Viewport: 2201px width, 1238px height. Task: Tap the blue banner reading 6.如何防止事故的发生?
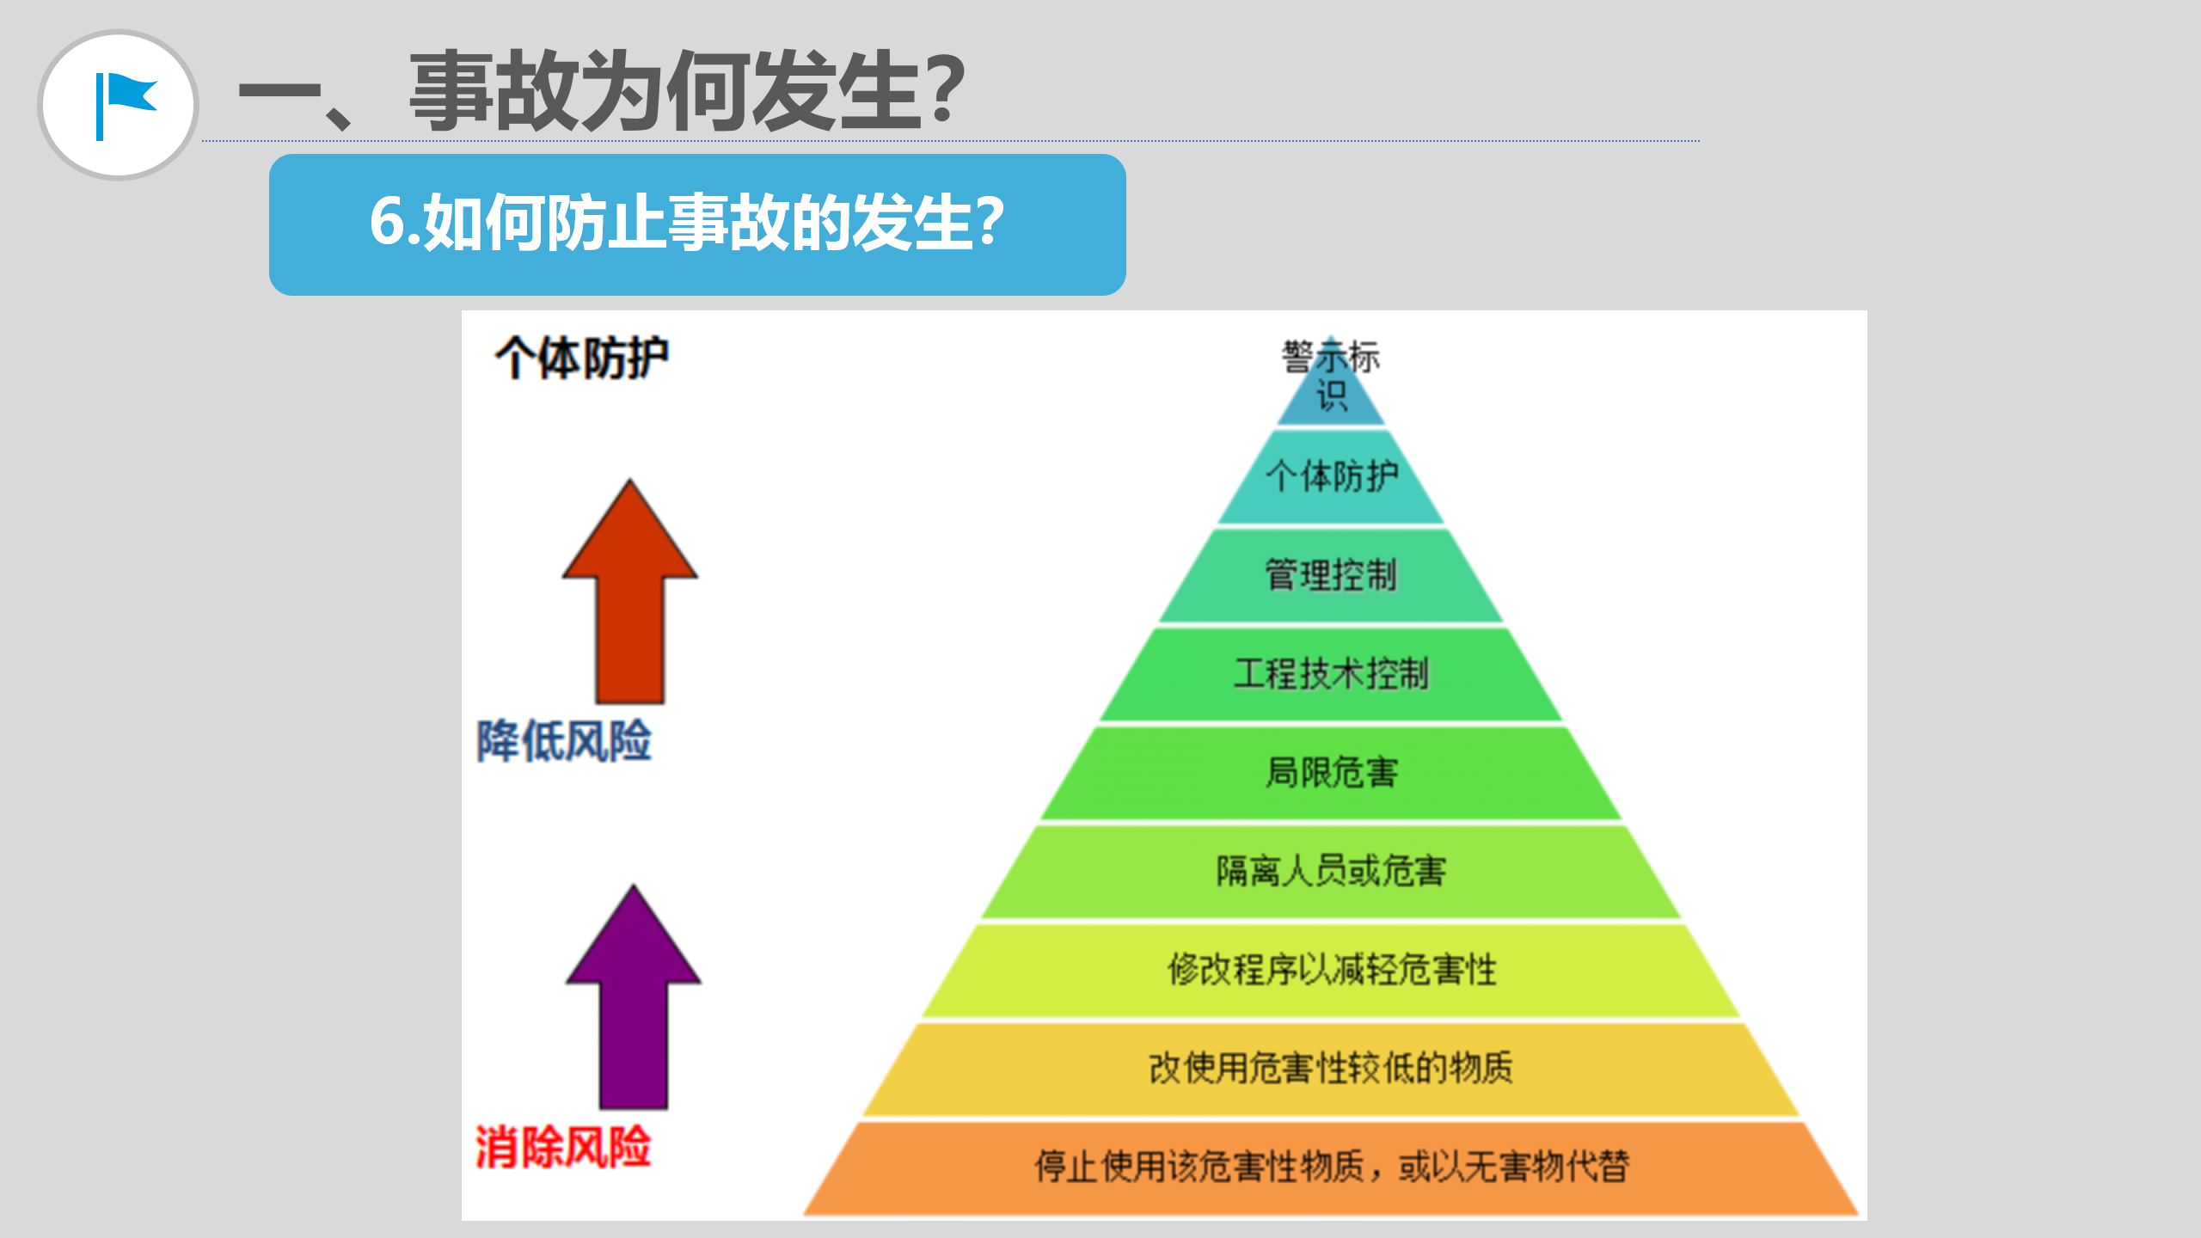697,224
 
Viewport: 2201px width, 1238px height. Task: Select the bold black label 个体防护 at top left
582,358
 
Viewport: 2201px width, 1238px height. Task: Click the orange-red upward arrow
630,591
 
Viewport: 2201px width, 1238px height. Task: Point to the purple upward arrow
634,997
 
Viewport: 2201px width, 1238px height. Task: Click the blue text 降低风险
565,740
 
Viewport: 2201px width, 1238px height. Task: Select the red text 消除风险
563,1147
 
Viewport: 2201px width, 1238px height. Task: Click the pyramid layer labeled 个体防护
1331,476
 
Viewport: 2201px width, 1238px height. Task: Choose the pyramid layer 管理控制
1331,575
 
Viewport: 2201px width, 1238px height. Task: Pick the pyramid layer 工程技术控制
1331,673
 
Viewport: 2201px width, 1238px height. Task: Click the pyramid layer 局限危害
1331,772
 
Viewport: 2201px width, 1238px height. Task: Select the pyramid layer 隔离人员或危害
1331,871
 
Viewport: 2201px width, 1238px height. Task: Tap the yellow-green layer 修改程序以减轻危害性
1331,970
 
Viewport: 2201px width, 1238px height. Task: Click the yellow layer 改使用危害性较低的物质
1331,1068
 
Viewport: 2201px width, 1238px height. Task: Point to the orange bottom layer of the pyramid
1331,1167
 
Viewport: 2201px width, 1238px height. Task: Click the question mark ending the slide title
947,89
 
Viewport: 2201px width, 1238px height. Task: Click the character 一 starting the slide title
279,92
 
